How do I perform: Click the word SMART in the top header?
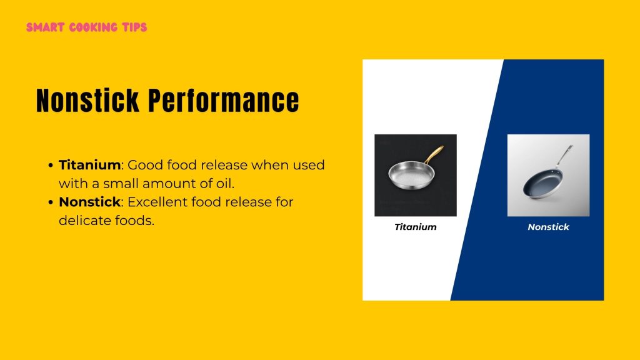[43, 27]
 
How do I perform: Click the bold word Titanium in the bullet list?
[89, 166]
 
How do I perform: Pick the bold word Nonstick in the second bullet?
[89, 202]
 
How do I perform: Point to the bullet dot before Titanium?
[51, 166]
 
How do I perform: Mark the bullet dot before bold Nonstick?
[51, 203]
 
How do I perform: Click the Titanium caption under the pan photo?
[415, 227]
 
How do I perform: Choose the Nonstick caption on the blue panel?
[548, 227]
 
